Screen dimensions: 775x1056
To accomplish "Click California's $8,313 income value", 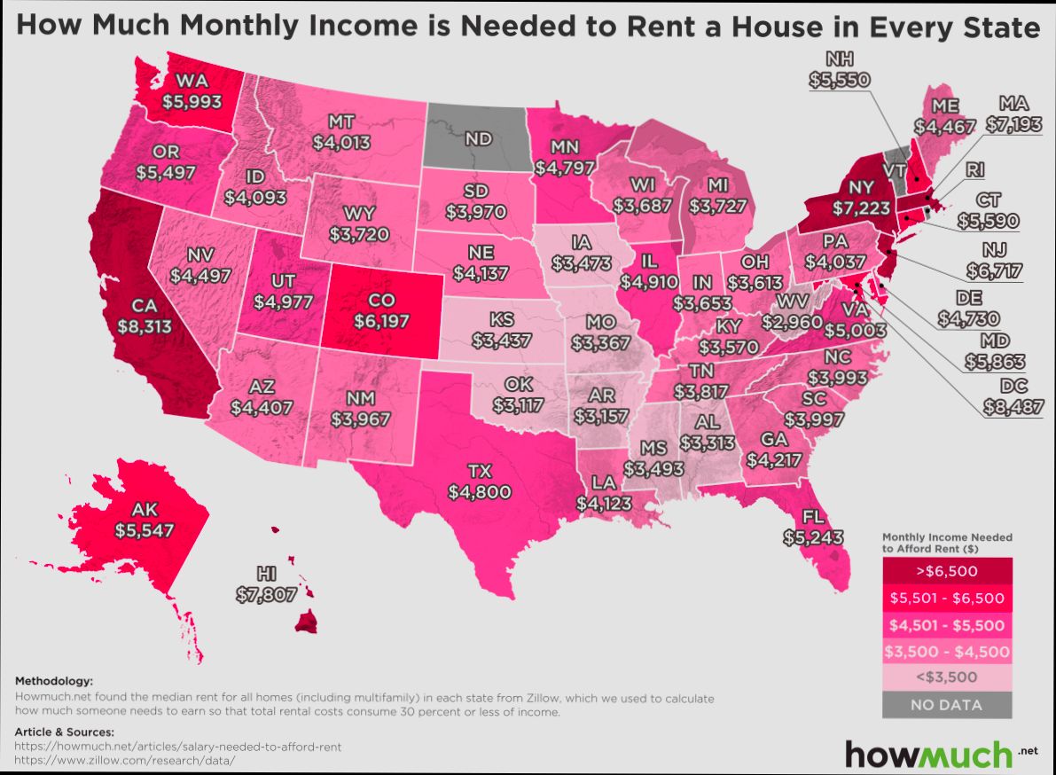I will [x=144, y=325].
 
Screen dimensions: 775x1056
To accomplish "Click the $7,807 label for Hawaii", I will [x=266, y=595].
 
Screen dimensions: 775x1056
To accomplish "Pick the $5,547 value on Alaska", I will [x=144, y=530].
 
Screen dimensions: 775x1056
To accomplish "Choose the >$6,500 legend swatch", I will [x=947, y=570].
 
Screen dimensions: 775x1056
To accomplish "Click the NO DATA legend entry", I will [x=947, y=705].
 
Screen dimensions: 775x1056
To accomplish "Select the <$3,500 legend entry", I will [x=947, y=677].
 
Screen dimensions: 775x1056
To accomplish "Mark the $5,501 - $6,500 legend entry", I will [x=947, y=598].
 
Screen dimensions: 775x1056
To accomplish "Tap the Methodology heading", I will [x=54, y=680].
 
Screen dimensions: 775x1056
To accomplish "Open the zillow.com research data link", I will [x=125, y=761].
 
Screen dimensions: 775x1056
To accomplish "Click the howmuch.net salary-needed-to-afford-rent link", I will [x=178, y=747].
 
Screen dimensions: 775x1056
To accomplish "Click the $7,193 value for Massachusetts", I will [x=1012, y=125].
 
